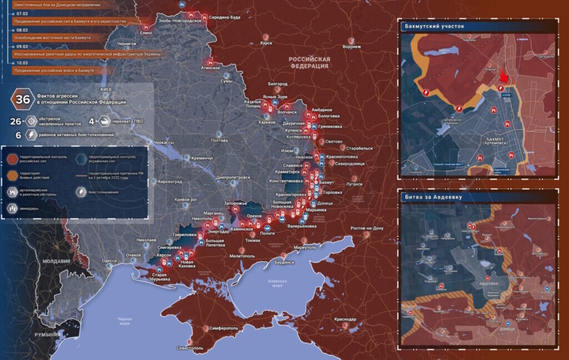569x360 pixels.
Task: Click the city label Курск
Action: (x=266, y=43)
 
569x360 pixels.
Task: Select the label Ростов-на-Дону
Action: (x=367, y=228)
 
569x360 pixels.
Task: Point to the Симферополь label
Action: (x=224, y=328)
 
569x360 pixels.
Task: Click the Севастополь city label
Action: (x=189, y=348)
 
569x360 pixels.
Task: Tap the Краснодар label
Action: (x=345, y=319)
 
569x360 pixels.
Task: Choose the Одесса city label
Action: (x=109, y=260)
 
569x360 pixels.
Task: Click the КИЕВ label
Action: (x=106, y=89)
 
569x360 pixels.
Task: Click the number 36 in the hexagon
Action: (x=23, y=99)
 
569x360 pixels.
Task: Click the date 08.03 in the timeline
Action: (x=22, y=30)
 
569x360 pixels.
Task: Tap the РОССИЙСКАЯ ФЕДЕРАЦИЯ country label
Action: (x=309, y=62)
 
